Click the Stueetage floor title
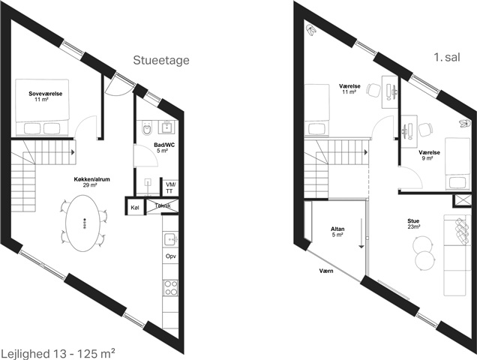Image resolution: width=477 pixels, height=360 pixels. coord(161,61)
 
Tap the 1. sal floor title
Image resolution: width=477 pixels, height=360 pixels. coord(447,57)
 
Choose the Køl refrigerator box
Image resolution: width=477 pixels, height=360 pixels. coord(135,208)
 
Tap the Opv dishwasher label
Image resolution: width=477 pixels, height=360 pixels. coord(171,256)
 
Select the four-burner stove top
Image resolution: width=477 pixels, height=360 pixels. coord(171,287)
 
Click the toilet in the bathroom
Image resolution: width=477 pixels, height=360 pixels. coord(147,128)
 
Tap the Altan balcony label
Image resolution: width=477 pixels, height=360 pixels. coord(337,232)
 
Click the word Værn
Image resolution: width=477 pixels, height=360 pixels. coord(326,271)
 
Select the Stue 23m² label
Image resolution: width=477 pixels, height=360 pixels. coord(414,223)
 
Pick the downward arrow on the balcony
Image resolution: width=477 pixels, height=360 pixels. coord(361,233)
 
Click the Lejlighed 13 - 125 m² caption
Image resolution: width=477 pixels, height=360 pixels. coord(58,353)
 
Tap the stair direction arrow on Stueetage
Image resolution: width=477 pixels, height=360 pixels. coord(73,151)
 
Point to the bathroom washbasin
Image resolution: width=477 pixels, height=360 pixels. coord(167,127)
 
